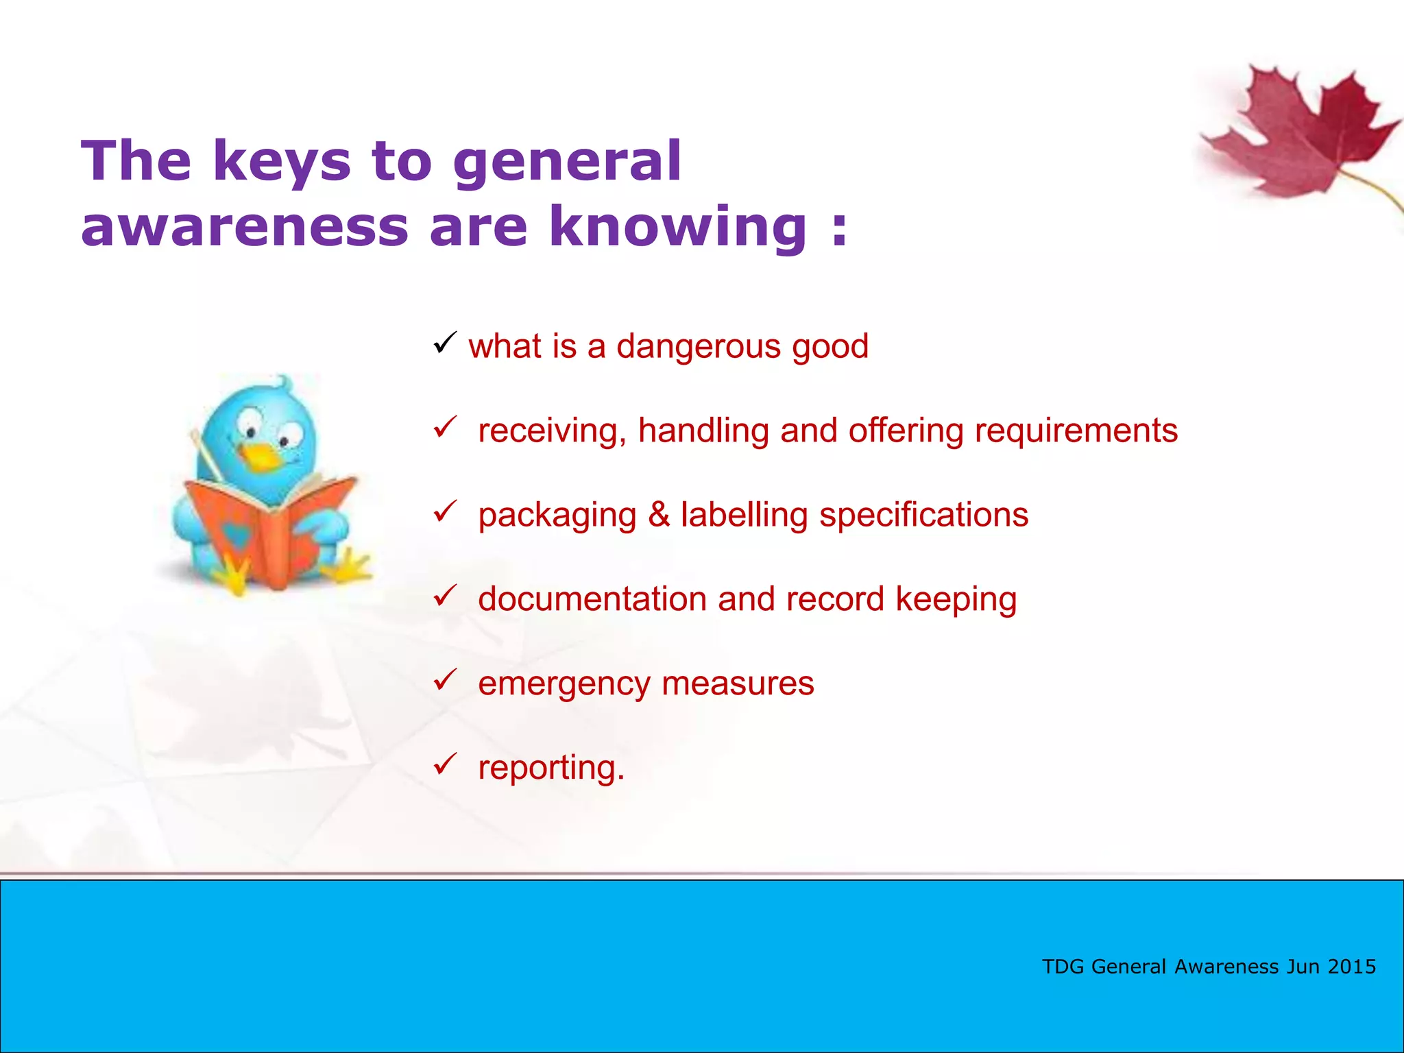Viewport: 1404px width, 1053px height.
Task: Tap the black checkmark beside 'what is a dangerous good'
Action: tap(445, 342)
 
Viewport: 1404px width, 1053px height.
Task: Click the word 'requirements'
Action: tap(1076, 431)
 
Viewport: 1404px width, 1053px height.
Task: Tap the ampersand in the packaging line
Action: tap(658, 515)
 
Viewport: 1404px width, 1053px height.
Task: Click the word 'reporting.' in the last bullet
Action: tap(551, 768)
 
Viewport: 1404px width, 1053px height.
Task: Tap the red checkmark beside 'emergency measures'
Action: tap(445, 680)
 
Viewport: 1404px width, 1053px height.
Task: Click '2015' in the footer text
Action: tap(1351, 967)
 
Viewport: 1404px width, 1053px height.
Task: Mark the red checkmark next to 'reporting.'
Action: tap(445, 764)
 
